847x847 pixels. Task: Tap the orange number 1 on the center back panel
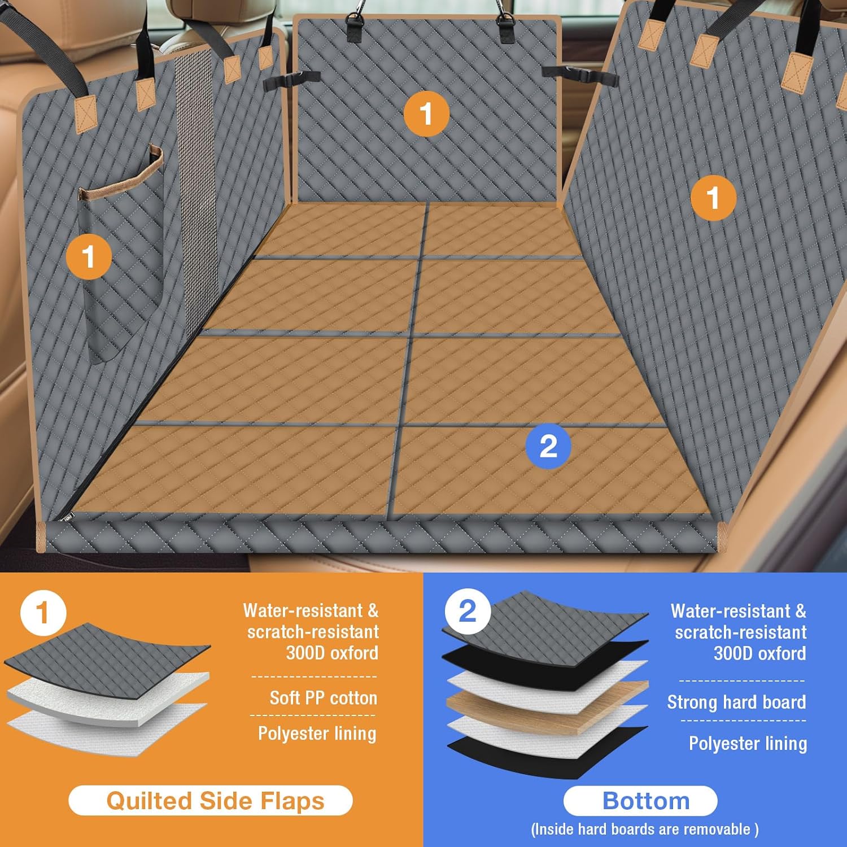click(x=427, y=113)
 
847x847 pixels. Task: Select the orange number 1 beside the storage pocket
click(x=89, y=257)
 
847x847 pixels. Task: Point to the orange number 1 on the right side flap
click(x=713, y=198)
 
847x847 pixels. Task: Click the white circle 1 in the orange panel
click(x=43, y=613)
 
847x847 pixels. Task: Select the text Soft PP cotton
click(x=323, y=698)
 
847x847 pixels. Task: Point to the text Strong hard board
click(x=736, y=702)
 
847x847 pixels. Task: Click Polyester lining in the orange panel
click(x=317, y=734)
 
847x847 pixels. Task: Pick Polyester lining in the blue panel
click(x=748, y=743)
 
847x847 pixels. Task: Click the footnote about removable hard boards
click(x=645, y=829)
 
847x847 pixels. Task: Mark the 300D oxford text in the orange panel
click(x=332, y=653)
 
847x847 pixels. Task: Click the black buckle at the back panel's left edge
click(x=291, y=79)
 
